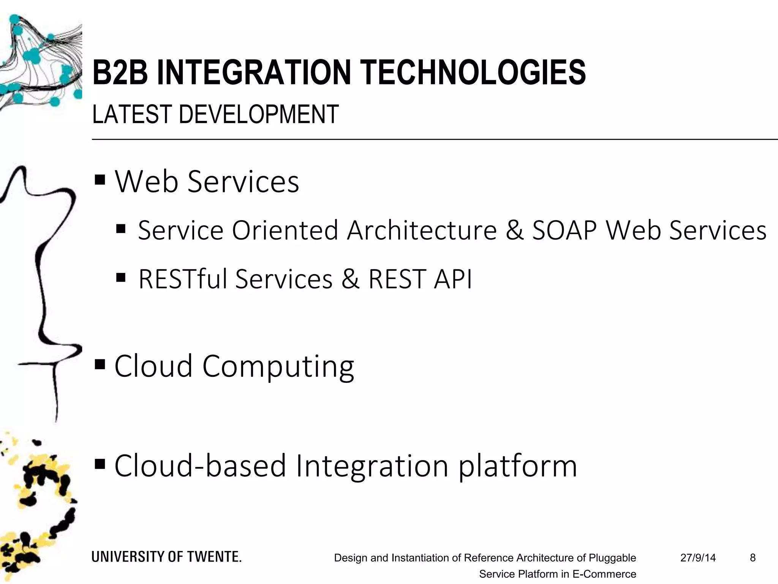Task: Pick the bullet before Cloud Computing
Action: pos(100,365)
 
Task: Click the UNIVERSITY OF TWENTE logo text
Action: pos(166,557)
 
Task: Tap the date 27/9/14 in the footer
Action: pos(698,558)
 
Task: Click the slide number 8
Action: pos(753,558)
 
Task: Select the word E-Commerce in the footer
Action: pos(604,574)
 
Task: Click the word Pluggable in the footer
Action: pos(612,558)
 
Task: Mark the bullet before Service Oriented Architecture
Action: pos(121,229)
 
